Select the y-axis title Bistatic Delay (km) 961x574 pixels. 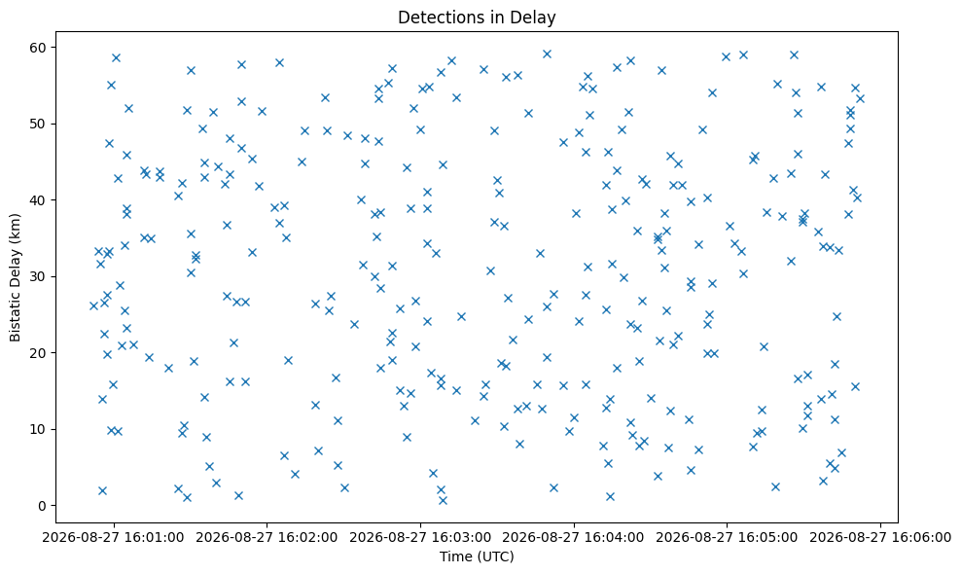15,277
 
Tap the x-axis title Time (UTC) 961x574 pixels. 477,556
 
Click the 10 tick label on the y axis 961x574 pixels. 41,429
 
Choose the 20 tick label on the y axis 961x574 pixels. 41,353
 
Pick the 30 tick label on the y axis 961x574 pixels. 41,276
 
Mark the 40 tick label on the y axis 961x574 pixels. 41,200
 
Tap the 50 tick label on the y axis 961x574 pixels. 41,124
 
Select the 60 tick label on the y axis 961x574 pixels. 41,48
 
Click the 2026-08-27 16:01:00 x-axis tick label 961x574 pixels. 114,538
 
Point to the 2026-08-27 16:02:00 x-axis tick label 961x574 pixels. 267,538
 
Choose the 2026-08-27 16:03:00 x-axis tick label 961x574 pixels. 420,538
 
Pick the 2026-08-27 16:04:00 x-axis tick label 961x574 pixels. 574,538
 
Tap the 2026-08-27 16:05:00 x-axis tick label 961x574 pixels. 727,538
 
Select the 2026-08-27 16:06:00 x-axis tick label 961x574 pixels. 880,538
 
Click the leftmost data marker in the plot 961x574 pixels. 93,306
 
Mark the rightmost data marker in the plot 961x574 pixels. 860,98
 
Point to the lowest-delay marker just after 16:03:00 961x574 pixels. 443,500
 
